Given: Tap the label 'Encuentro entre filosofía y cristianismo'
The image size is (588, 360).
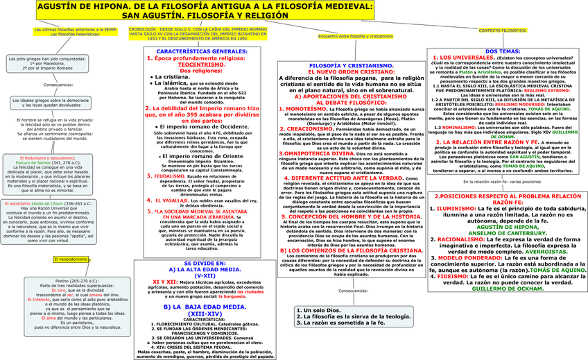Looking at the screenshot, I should coord(351,36).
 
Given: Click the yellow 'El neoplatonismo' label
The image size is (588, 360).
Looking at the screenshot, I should coord(70,240).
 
